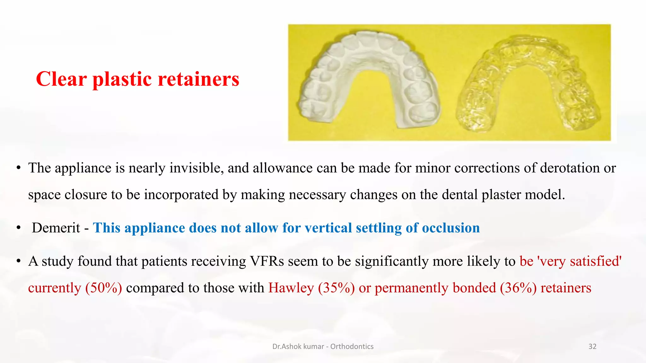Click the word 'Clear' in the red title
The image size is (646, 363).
point(61,79)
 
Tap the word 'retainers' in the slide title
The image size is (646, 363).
point(198,79)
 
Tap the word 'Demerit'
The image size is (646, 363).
point(56,228)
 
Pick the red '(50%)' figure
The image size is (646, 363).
point(103,288)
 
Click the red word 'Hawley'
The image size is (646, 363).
point(291,288)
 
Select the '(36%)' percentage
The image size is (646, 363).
point(518,288)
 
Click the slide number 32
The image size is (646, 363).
point(592,347)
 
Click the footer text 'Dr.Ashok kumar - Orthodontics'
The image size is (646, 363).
point(323,347)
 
